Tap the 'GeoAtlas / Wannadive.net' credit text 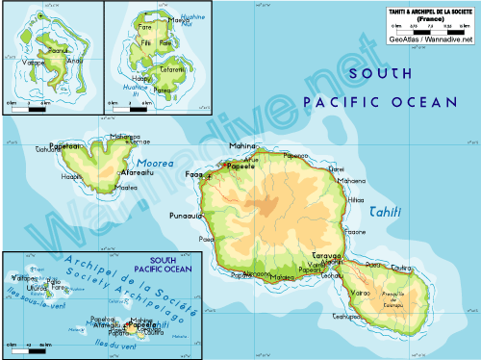tap(430, 40)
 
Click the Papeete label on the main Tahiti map tap(239, 167)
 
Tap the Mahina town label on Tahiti tap(241, 146)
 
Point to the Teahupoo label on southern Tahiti tap(345, 316)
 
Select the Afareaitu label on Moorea tap(138, 173)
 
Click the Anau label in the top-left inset tap(77, 62)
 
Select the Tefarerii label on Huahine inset tap(172, 69)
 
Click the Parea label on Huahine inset tap(162, 90)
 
